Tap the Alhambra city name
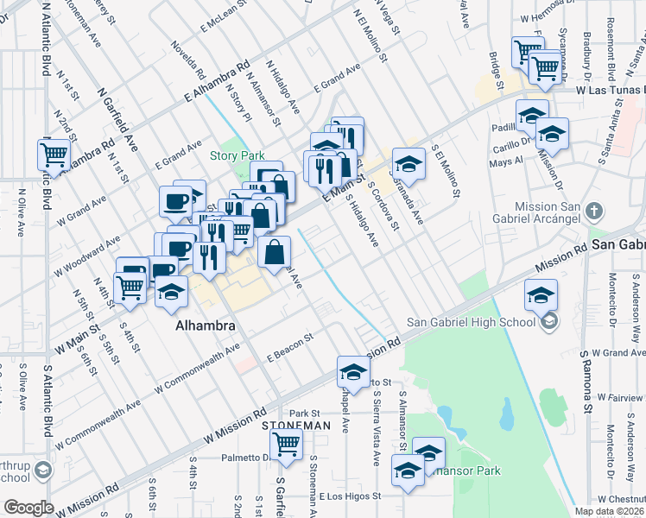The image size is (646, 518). point(206,326)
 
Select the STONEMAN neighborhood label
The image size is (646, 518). point(295,426)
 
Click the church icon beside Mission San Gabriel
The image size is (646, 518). point(593,211)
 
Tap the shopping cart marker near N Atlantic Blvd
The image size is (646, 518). point(54,155)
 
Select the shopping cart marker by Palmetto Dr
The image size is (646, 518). point(286,445)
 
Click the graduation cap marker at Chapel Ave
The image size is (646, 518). point(352,372)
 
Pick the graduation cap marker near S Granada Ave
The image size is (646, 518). point(409,163)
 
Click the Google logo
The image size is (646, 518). point(28,507)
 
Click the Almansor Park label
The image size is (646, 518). point(471,471)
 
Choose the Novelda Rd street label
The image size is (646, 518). point(187,57)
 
